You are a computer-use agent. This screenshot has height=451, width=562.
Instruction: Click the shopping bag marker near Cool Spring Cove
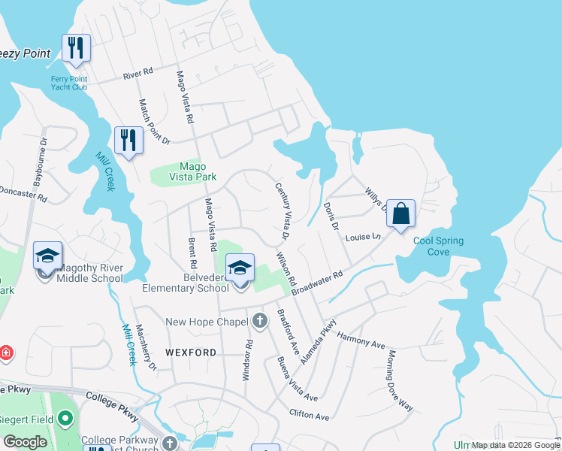click(402, 213)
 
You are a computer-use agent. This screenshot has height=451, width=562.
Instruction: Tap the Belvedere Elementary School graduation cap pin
click(240, 268)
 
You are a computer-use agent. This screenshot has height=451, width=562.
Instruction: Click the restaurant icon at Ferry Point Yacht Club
click(76, 48)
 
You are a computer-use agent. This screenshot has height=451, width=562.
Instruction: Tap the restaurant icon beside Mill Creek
click(128, 140)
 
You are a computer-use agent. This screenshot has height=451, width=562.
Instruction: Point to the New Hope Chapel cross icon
click(259, 322)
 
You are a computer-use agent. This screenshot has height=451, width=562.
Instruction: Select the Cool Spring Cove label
click(438, 247)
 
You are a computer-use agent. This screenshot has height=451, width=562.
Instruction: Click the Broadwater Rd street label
click(317, 284)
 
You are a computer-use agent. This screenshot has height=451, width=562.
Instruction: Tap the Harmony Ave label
click(361, 340)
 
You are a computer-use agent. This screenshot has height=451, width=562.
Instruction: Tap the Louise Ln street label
click(364, 238)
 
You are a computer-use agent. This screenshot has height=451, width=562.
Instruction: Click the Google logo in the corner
click(25, 442)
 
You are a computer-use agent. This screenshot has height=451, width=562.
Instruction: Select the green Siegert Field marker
click(65, 417)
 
